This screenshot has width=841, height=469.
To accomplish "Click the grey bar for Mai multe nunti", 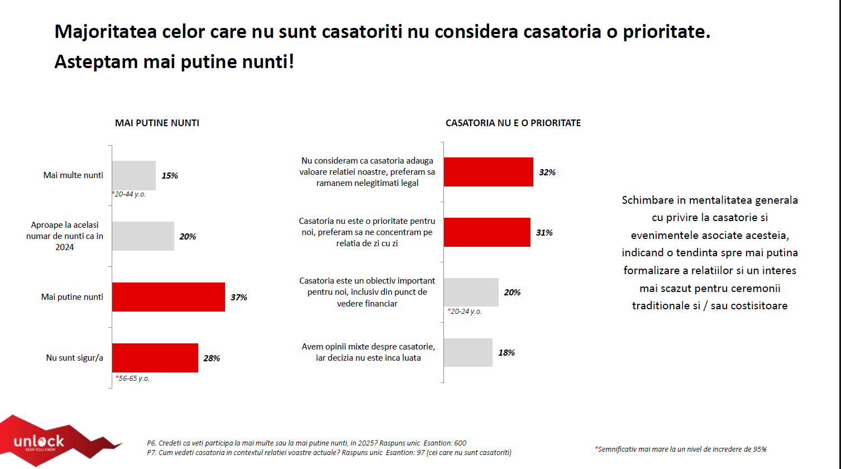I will pos(134,175).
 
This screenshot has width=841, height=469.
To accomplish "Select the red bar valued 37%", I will pos(168,297).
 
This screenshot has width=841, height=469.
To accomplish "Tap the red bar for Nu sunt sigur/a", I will pos(155,358).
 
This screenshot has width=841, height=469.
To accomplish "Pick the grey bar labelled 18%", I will pos(468,352).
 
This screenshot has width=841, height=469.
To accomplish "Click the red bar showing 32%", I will pos(488,172).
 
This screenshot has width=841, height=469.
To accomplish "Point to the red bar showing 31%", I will pos(487,232).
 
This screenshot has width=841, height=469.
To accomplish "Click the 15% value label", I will pos(170,175).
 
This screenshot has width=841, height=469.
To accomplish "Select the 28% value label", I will pos(212,358).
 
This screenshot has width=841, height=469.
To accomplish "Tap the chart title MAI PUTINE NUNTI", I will pos(157,123).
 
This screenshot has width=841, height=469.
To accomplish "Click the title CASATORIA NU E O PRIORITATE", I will pos(513,123).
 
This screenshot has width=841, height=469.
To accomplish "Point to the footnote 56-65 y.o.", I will pos(132,378).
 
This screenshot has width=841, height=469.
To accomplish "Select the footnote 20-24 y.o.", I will pos(465,311).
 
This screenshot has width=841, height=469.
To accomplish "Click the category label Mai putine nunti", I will pos(72,297).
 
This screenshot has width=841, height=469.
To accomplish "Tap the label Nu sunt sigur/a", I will pos(74,358).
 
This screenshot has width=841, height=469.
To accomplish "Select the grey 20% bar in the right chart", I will pos(471,292).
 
